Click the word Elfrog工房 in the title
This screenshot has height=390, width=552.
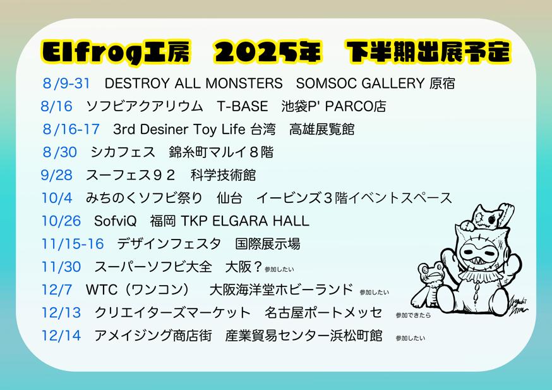click(116, 52)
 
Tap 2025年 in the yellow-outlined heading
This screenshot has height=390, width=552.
click(268, 52)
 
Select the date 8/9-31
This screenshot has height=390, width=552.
click(66, 83)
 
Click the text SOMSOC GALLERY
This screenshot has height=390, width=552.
click(360, 83)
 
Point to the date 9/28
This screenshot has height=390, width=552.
click(56, 175)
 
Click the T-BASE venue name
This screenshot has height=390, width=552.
click(242, 106)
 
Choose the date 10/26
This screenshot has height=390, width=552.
click(61, 221)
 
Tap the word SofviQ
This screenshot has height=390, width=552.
click(115, 221)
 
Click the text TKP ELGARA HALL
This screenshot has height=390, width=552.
click(245, 221)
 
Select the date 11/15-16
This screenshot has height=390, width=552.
click(73, 244)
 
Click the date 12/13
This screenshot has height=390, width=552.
click(61, 312)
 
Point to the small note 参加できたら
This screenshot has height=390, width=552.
click(413, 315)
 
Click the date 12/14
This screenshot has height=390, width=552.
click(61, 336)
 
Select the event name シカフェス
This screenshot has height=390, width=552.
click(123, 152)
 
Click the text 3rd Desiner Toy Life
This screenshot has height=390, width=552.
click(179, 130)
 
